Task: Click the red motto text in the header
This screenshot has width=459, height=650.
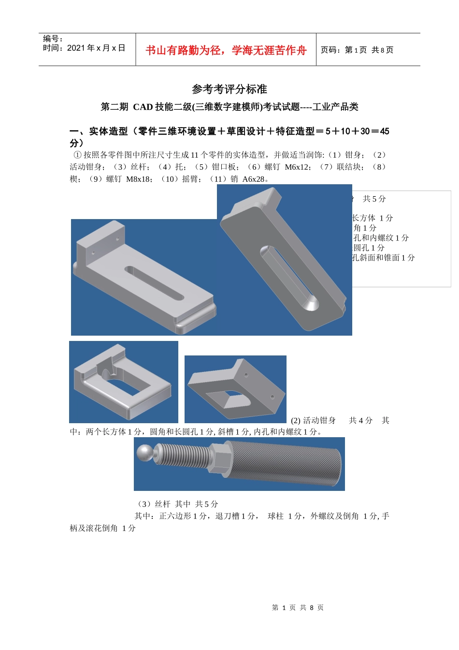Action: click(226, 50)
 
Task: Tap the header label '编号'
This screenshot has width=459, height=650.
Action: click(52, 39)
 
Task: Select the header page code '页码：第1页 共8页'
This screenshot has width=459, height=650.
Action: click(357, 50)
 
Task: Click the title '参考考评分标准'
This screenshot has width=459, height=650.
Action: click(229, 89)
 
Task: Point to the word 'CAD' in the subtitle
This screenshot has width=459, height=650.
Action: click(143, 107)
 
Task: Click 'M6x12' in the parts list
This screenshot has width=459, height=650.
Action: click(297, 167)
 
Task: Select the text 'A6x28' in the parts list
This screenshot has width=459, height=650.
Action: click(254, 179)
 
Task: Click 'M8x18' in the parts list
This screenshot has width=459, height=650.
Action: click(139, 179)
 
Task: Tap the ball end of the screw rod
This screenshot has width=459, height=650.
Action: click(144, 453)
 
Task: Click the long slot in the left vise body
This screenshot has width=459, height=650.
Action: click(154, 283)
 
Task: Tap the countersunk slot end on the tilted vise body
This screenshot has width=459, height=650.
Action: click(309, 302)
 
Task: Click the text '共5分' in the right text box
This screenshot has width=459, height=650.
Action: click(374, 199)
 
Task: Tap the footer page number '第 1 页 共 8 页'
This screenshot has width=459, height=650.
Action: click(298, 607)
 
